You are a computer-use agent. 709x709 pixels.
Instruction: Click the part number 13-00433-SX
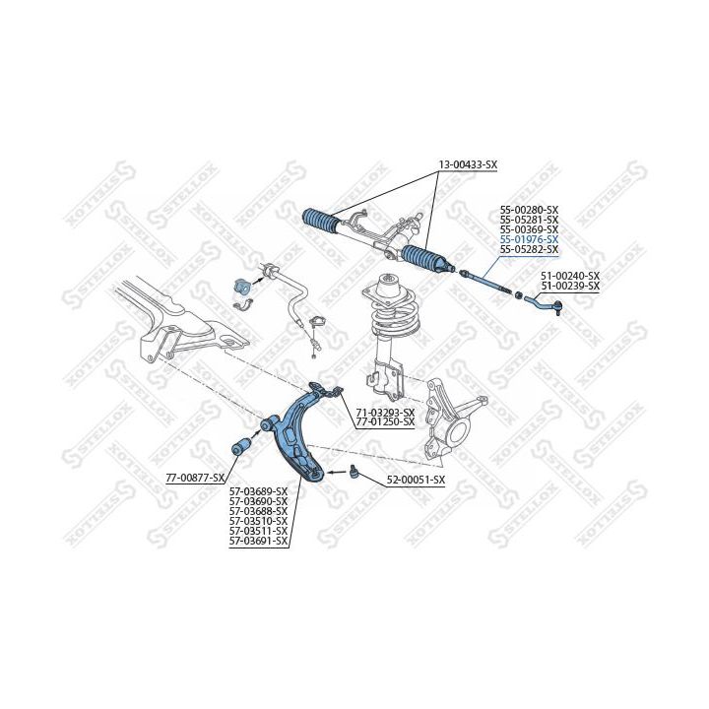pyautogui.click(x=468, y=165)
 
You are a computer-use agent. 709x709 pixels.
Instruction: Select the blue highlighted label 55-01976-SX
pyautogui.click(x=529, y=239)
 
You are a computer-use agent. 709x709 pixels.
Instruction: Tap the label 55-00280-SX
pyautogui.click(x=529, y=210)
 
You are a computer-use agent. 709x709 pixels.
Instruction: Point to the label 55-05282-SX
pyautogui.click(x=529, y=249)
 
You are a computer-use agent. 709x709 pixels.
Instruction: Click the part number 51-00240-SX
pyautogui.click(x=570, y=276)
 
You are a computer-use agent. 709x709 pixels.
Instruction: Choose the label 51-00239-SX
pyautogui.click(x=570, y=286)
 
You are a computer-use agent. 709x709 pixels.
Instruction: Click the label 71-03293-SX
pyautogui.click(x=385, y=413)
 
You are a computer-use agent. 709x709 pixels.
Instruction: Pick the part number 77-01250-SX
pyautogui.click(x=385, y=421)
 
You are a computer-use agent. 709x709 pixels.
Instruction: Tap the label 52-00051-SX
pyautogui.click(x=416, y=480)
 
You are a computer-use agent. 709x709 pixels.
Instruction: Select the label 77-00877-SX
pyautogui.click(x=195, y=478)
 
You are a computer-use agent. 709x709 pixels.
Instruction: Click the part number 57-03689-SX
pyautogui.click(x=258, y=491)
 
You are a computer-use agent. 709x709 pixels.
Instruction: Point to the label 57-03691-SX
pyautogui.click(x=258, y=541)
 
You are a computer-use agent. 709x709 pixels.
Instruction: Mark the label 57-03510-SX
pyautogui.click(x=258, y=521)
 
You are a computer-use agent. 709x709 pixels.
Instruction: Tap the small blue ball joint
pyautogui.click(x=354, y=471)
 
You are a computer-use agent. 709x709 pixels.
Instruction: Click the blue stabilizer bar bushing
pyautogui.click(x=242, y=287)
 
